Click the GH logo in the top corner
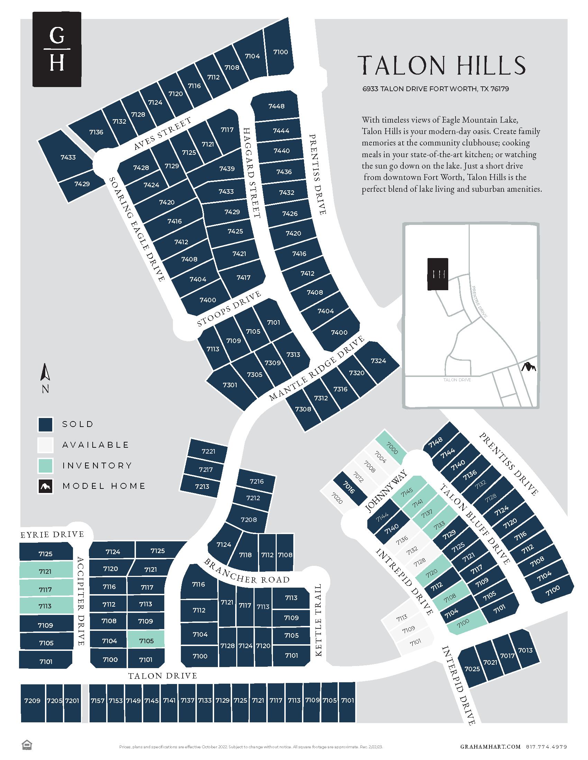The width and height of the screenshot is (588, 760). (x=57, y=49)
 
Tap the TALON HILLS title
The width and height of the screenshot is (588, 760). (x=442, y=65)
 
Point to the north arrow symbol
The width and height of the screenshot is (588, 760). (x=45, y=372)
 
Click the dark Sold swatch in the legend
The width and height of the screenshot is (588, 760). (x=45, y=424)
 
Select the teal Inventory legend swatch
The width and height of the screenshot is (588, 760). (x=45, y=466)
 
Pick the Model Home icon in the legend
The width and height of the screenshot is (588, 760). (x=45, y=486)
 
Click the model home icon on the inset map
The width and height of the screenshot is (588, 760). (x=529, y=367)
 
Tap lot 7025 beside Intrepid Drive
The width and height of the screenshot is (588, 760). (x=472, y=669)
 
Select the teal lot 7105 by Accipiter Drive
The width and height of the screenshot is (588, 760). (x=146, y=640)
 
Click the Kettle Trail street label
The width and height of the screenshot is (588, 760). (x=318, y=620)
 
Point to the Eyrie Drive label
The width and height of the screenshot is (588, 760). (x=52, y=534)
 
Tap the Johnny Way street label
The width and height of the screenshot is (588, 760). (x=386, y=491)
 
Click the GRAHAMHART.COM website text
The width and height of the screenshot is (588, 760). (x=490, y=747)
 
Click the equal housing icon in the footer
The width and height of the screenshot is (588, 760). (x=27, y=745)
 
